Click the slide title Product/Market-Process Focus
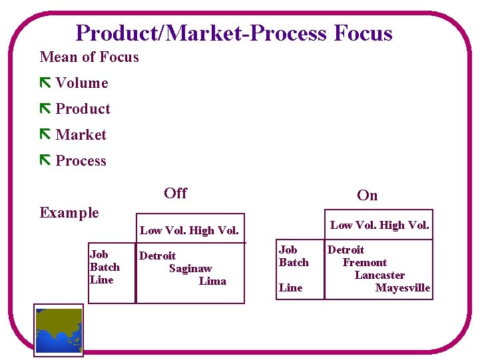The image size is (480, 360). point(234,33)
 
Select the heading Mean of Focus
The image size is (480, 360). point(89,57)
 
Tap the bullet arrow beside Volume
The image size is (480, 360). point(45,83)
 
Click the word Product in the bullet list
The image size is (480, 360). point(83,108)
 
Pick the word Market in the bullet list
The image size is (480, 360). point(81,134)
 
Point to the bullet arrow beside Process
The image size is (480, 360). point(45,160)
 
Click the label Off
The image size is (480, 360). point(175,193)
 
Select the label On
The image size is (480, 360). point(367,195)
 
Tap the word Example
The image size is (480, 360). point(69,213)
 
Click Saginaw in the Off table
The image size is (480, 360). point(190,268)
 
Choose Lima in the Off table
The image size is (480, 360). point(212,281)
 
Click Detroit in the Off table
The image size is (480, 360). point(157,256)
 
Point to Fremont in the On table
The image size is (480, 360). point(364,262)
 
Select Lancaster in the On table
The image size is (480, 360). point(379,275)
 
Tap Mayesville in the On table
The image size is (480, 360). point(403,287)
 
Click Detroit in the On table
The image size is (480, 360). point(346,250)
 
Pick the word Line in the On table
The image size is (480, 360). point(290,287)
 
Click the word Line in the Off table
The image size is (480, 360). point(101,279)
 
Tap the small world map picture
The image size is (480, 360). point(59,330)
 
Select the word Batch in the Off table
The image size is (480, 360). point(105,267)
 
